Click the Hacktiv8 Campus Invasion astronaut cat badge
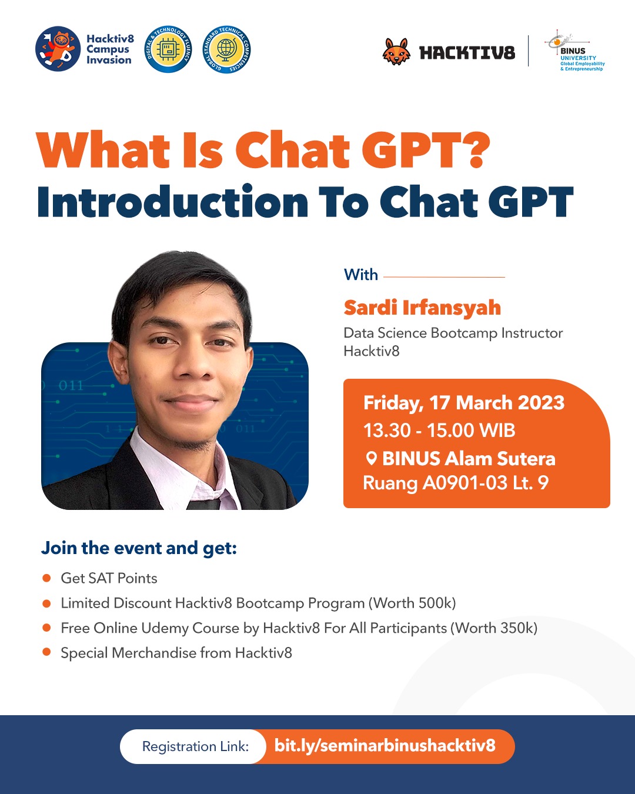(x=58, y=49)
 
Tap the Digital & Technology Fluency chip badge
(x=168, y=49)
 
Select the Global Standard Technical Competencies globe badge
(x=226, y=49)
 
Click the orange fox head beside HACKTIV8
(x=396, y=52)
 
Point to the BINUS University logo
(x=575, y=51)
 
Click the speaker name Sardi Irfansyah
(x=422, y=308)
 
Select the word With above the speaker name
(x=361, y=275)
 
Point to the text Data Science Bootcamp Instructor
(x=453, y=333)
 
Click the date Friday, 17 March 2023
(x=464, y=402)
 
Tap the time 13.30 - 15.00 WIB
(x=439, y=431)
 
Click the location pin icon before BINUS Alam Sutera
(x=371, y=459)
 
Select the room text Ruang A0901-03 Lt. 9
(x=456, y=483)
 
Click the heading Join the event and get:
(x=139, y=548)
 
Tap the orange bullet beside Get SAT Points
(x=46, y=578)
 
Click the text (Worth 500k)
(x=413, y=603)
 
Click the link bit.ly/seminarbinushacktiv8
(x=385, y=746)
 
